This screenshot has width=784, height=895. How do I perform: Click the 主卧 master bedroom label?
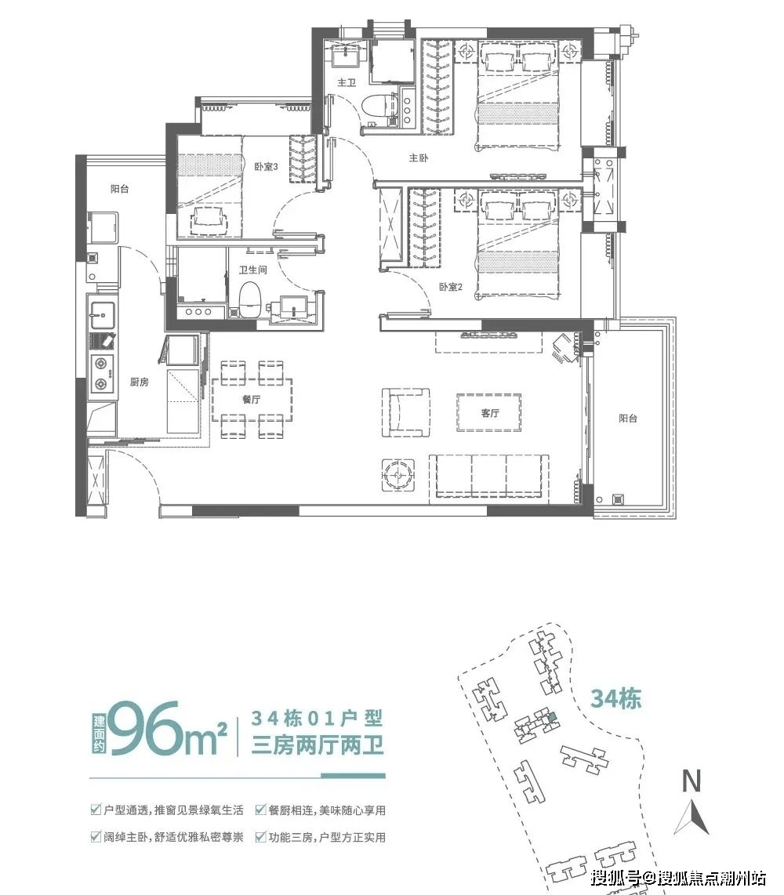[x=419, y=158]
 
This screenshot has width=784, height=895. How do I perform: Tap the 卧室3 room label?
[x=266, y=167]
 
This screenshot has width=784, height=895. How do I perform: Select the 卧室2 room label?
[x=451, y=287]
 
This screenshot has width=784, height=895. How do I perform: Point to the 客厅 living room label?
[x=490, y=413]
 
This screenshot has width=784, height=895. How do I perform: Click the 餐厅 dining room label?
[x=251, y=399]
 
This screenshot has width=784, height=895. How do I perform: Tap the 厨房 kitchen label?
[x=140, y=382]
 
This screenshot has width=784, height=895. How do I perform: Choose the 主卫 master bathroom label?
[x=347, y=83]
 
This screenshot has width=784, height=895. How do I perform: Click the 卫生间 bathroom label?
[x=252, y=270]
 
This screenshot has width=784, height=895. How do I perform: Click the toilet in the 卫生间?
[x=249, y=299]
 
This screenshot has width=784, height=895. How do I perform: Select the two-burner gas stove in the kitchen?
[x=102, y=373]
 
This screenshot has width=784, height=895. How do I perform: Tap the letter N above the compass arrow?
[x=691, y=781]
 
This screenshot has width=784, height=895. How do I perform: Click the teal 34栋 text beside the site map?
[x=615, y=698]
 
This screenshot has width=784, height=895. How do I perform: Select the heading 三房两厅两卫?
[x=318, y=745]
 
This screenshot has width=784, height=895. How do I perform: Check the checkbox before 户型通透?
[x=96, y=810]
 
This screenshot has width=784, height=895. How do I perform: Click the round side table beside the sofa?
[x=397, y=474]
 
